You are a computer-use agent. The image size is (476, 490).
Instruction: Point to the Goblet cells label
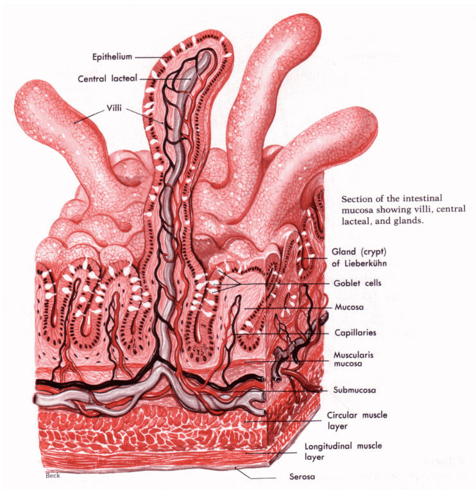pos(354,282)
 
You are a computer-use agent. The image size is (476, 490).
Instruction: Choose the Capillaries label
pos(355,333)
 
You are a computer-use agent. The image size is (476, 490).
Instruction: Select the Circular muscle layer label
pos(357,420)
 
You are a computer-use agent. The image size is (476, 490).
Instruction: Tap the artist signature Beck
pos(53,476)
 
